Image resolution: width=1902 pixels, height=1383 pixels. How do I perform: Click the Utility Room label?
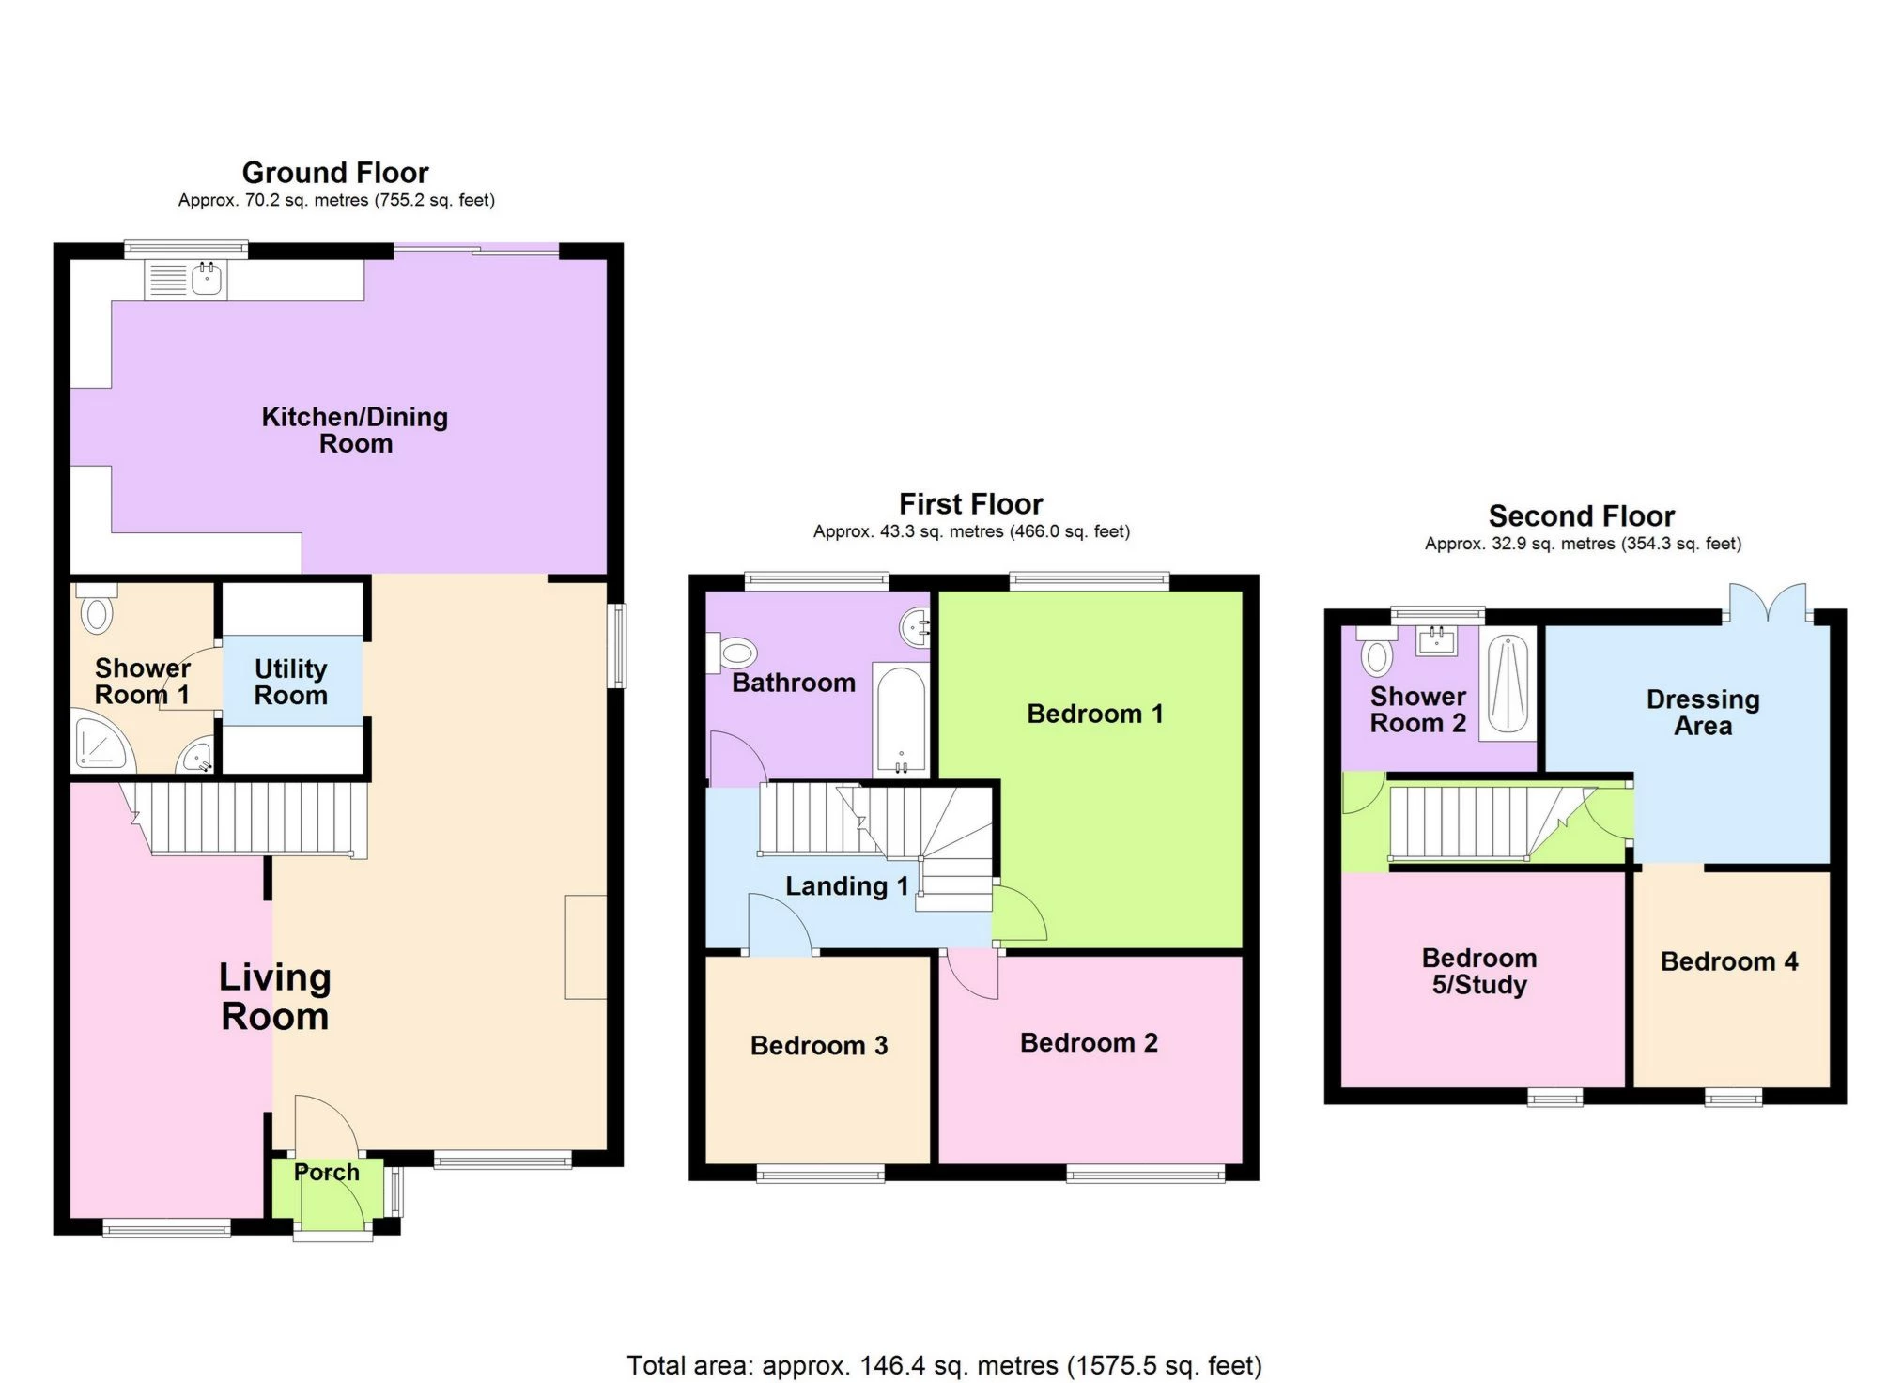coord(291,682)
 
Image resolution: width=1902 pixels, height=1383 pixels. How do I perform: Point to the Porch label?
coord(327,1172)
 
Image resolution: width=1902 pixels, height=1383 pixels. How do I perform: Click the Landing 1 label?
coord(846,886)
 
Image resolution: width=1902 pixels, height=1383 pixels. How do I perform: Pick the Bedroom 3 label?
coord(818,1046)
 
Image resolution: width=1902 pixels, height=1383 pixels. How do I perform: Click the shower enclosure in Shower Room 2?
coord(1508,684)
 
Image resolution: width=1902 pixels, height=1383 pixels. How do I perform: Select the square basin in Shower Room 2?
coord(1437,642)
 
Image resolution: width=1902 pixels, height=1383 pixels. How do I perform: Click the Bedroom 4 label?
coord(1728,961)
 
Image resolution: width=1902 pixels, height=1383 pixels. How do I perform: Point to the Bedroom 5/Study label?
coord(1479,971)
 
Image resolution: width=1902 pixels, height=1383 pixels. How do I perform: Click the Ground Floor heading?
coord(335,173)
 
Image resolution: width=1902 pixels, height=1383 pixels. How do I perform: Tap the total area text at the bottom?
coord(944,1364)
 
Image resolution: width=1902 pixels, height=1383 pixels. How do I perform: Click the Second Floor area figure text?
coord(1583,544)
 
